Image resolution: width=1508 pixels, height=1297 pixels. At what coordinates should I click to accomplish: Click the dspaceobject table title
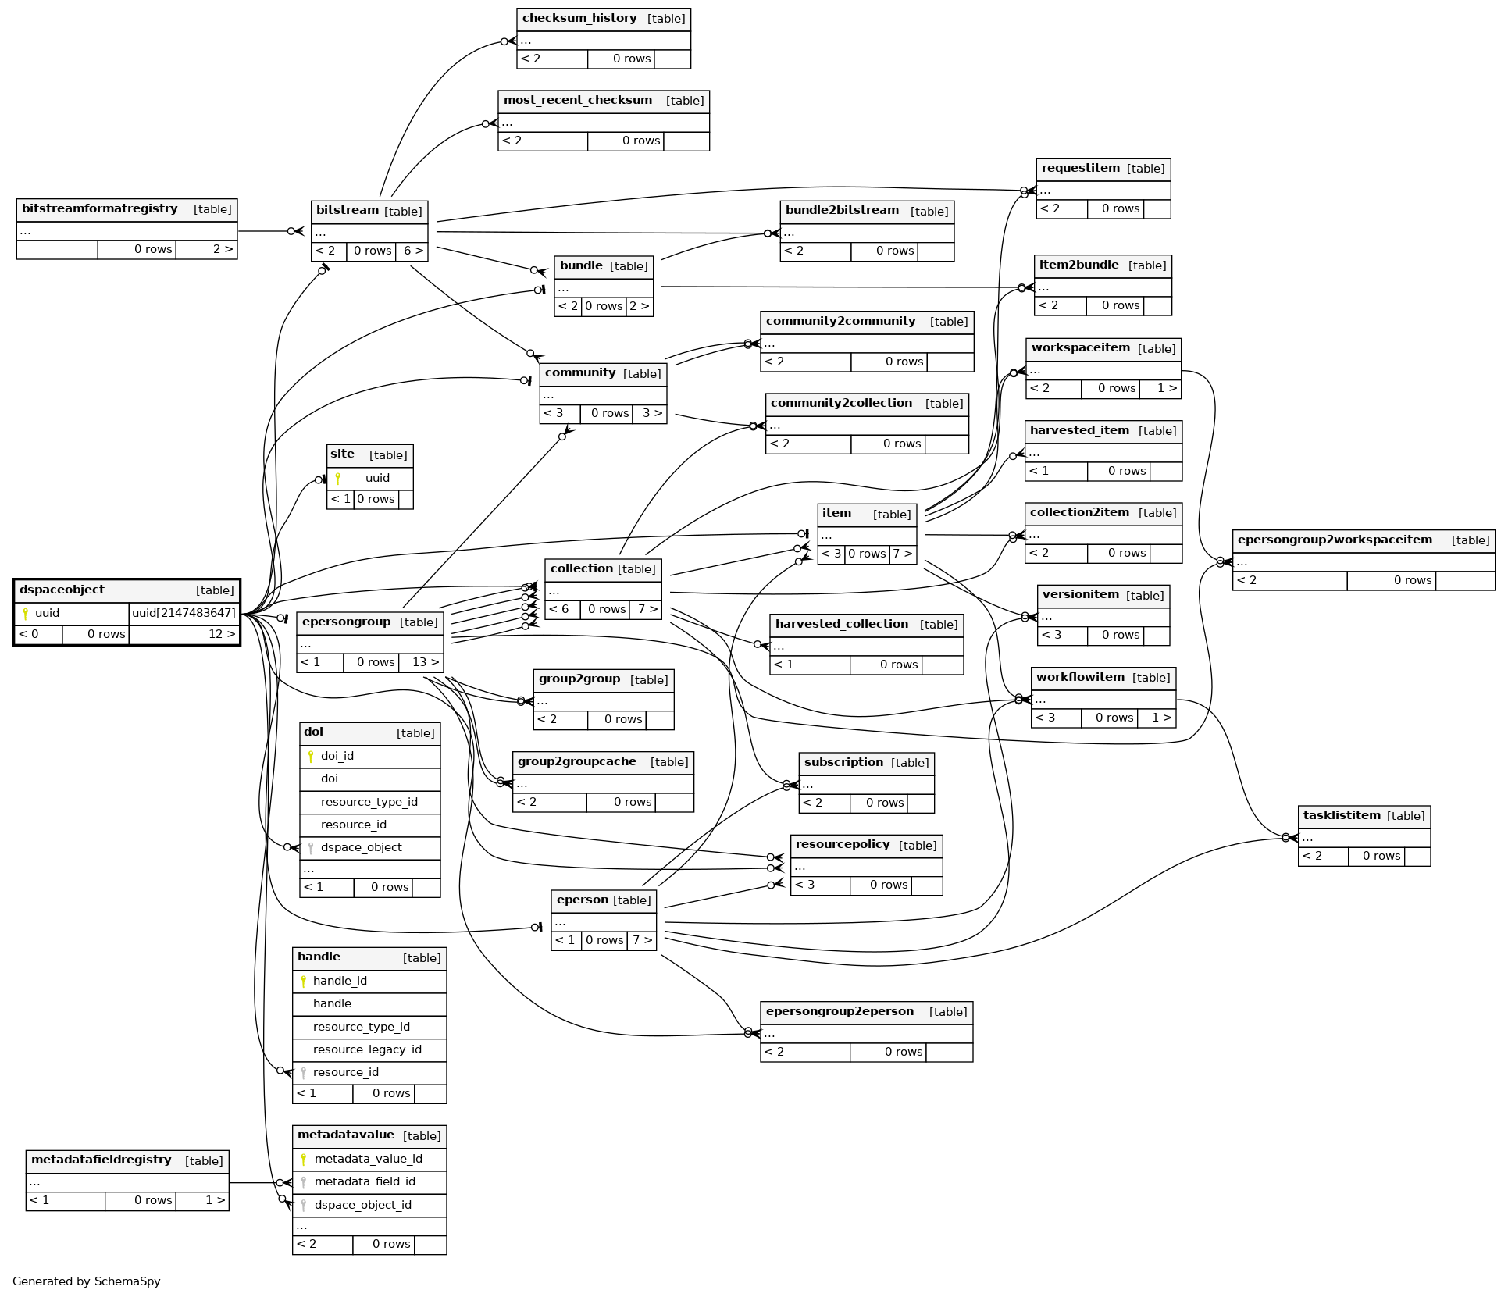pos(62,590)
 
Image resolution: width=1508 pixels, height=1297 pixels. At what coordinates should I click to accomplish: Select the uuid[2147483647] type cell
pos(184,613)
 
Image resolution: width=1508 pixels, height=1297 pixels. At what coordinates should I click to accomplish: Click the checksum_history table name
pos(579,19)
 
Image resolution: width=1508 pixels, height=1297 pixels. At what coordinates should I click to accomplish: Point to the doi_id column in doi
pos(337,756)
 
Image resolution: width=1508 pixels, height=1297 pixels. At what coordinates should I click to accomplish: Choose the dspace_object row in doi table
pos(361,847)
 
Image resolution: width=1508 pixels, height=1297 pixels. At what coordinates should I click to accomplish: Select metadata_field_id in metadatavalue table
pos(365,1181)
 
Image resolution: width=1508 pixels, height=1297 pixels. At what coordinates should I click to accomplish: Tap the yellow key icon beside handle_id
pos(304,981)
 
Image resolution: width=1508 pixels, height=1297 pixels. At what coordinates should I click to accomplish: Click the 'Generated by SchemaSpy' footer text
pos(87,1281)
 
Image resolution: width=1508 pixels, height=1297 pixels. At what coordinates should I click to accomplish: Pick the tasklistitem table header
pos(1342,816)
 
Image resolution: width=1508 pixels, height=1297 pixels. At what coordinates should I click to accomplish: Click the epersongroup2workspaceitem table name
pos(1335,540)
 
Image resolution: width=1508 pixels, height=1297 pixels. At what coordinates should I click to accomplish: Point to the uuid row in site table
pos(377,478)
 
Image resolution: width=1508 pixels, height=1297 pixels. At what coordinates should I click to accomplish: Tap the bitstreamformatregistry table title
pos(100,209)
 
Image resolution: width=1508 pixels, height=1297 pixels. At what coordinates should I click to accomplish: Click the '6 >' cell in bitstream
pos(413,251)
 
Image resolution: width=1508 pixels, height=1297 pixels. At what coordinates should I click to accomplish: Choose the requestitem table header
pos(1081,169)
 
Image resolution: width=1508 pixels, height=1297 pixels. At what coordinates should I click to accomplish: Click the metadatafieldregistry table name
pos(102,1160)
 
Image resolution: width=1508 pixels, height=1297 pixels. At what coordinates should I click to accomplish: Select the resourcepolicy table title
pos(843,845)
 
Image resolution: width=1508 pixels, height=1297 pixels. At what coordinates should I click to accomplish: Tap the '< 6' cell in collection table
pos(559,609)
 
